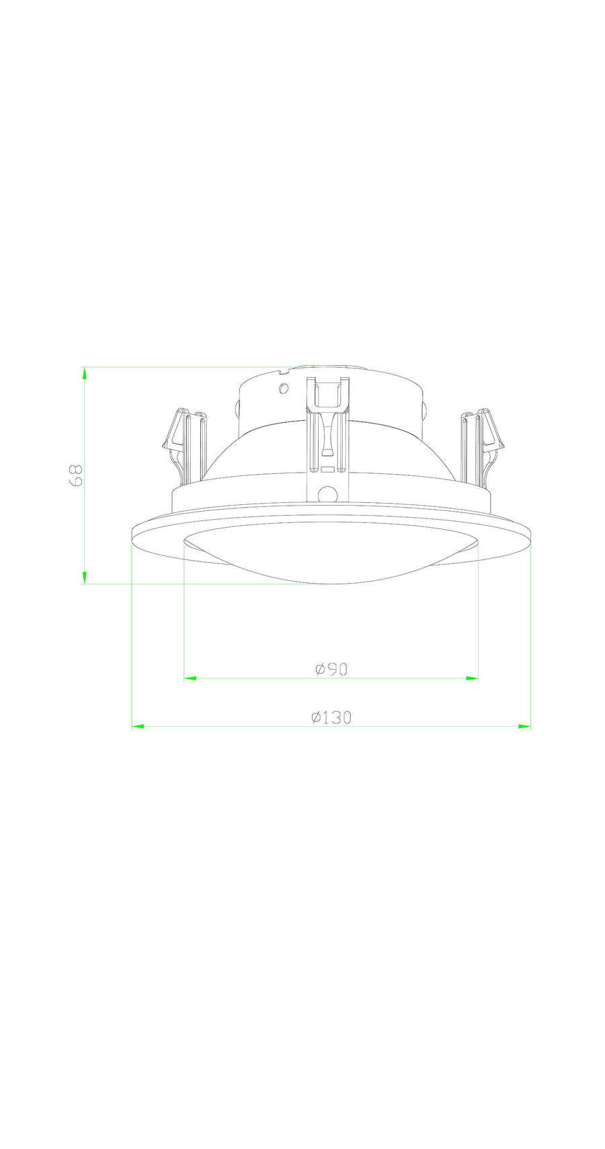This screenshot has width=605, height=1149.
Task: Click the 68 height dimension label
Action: (x=76, y=475)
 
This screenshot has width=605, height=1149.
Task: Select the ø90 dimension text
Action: (x=331, y=669)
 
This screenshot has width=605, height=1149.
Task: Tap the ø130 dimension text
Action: (x=331, y=717)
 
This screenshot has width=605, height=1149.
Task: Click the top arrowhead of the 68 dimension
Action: (x=85, y=374)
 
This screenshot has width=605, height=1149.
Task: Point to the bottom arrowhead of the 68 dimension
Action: (x=85, y=577)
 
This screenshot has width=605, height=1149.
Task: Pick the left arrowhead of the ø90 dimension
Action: (x=190, y=679)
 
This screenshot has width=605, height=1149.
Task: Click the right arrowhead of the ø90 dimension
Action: (x=472, y=679)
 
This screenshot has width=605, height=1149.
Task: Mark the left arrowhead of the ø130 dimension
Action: (x=138, y=727)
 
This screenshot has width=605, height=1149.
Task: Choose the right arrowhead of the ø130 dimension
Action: (x=524, y=727)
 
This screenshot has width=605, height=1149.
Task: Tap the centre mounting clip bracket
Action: (x=327, y=430)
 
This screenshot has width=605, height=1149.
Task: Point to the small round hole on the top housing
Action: (x=284, y=388)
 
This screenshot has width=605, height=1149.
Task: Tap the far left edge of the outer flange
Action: (x=132, y=531)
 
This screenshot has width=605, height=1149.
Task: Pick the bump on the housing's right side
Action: (x=425, y=409)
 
